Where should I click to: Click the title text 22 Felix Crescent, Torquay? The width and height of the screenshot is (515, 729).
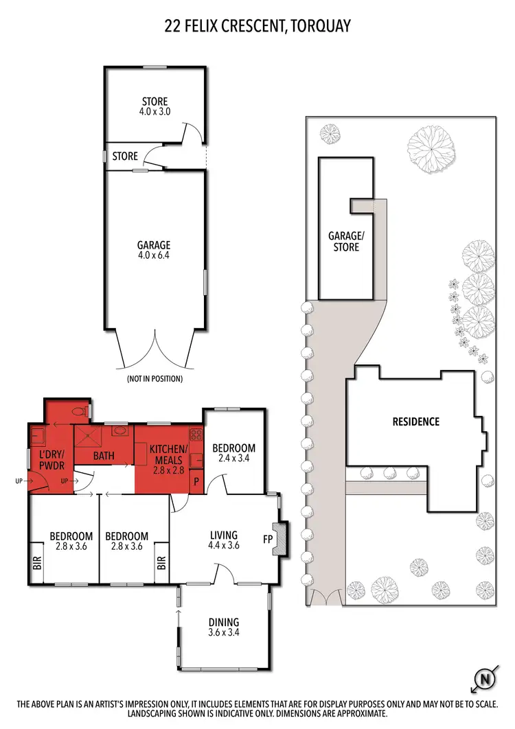(x=257, y=27)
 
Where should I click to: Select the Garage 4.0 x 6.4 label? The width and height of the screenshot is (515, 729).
(x=153, y=250)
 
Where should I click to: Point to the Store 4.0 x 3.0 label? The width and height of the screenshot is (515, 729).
(x=154, y=106)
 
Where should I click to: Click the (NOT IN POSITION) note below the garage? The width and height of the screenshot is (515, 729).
(x=154, y=378)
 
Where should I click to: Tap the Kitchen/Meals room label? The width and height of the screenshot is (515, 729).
(x=168, y=454)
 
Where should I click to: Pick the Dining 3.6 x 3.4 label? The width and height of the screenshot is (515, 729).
(x=223, y=627)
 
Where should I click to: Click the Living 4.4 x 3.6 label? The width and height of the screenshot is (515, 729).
(x=223, y=540)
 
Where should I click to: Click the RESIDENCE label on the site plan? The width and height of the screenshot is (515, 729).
(x=415, y=421)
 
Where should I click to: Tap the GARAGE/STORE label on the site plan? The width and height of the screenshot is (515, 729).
(x=346, y=241)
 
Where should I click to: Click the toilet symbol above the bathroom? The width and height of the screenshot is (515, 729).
(x=80, y=412)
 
